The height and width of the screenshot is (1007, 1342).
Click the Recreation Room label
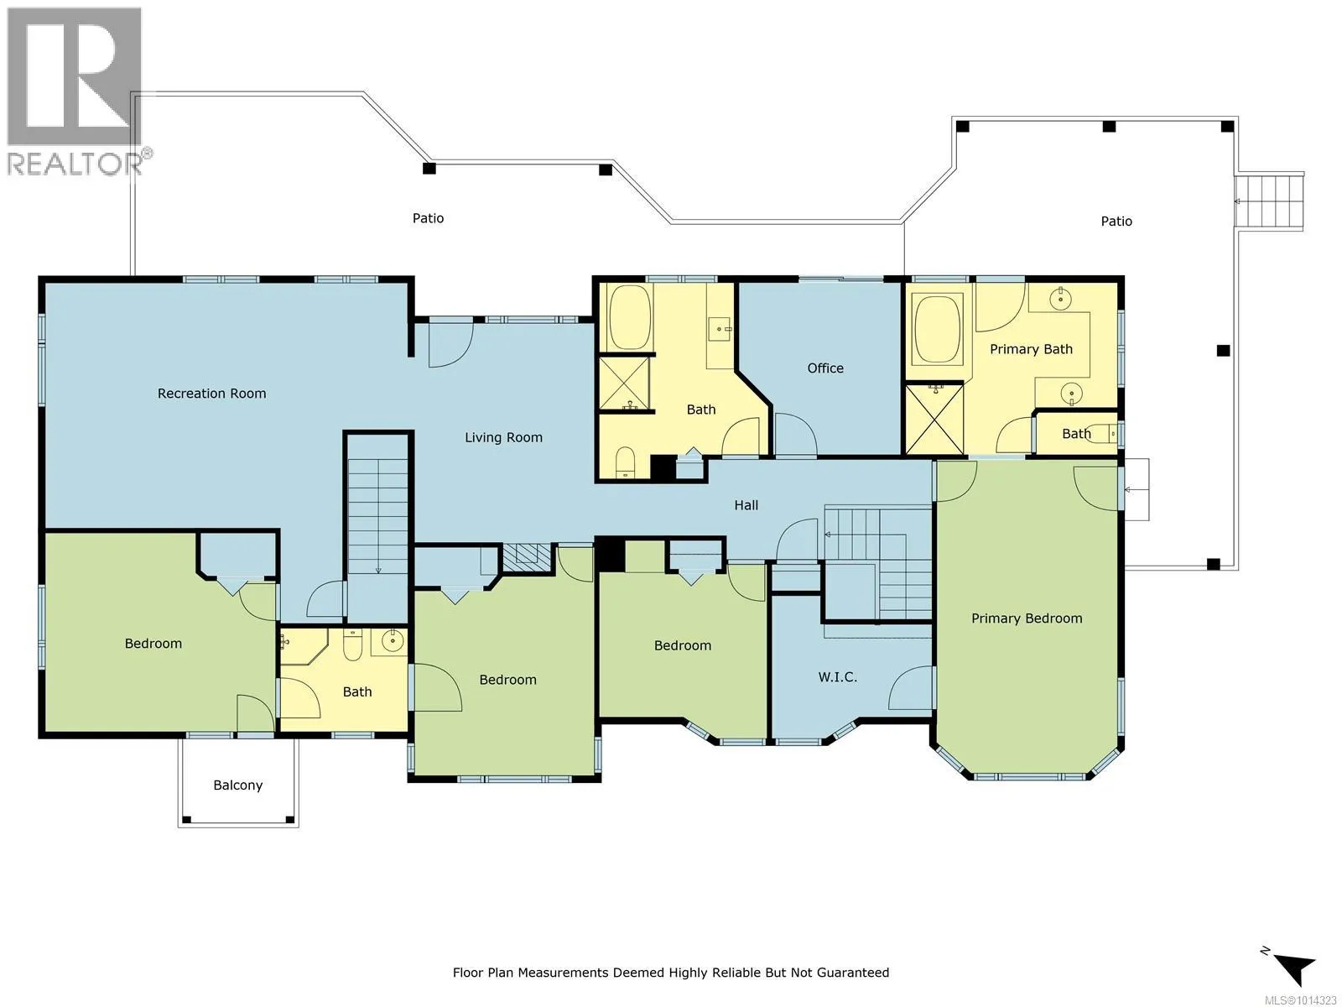click(x=211, y=393)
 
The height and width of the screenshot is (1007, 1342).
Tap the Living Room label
click(x=503, y=437)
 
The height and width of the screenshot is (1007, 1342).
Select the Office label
click(x=824, y=368)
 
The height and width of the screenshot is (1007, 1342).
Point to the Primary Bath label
click(x=1031, y=349)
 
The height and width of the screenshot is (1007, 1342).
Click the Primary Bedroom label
click(x=1027, y=618)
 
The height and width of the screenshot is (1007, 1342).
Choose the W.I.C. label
click(x=837, y=677)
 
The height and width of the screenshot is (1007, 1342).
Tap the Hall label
click(x=746, y=505)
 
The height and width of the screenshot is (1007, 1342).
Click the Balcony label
click(x=238, y=785)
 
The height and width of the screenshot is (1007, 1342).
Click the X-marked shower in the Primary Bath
click(x=934, y=419)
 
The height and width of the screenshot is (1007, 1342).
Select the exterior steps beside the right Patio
click(x=1268, y=201)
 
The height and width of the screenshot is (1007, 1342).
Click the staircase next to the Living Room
click(x=377, y=526)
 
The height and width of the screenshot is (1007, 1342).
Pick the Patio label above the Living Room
click(x=428, y=218)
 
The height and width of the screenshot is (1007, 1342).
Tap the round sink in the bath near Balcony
click(x=392, y=641)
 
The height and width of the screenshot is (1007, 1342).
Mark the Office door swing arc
click(x=795, y=433)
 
